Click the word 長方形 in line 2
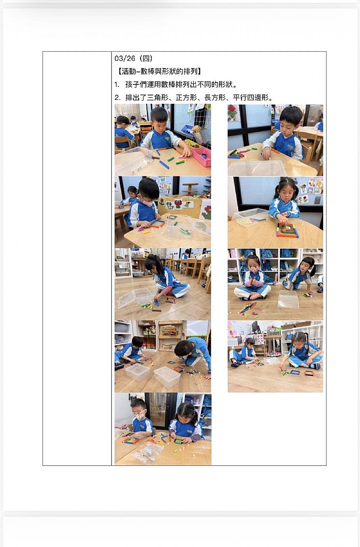pos(215,98)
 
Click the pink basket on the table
pos(202,156)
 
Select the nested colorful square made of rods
pos(288,231)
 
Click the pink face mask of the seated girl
pos(254,270)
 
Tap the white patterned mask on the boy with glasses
pos(140,416)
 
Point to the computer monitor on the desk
pos(255,327)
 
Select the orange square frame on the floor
pos(309,373)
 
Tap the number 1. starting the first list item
pos(117,85)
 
